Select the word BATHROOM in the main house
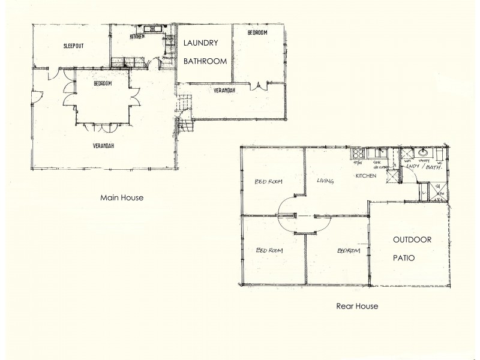coord(205,61)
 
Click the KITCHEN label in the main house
coord(137,37)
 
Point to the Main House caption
coord(121,196)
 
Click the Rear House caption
coord(357,306)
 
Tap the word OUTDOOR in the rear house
coord(412,240)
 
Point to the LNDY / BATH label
coord(425,169)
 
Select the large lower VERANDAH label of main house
coord(103,145)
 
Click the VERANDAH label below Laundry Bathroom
coord(224,91)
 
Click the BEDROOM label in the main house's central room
coord(103,83)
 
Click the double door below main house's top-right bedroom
coord(259,85)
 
